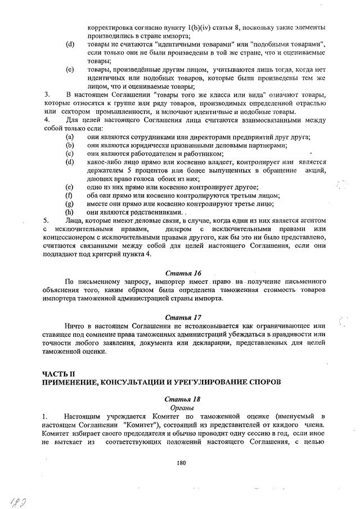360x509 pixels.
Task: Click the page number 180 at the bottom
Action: click(x=181, y=462)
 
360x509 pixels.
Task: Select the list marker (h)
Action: click(x=70, y=213)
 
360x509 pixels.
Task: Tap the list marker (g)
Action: click(x=70, y=204)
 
